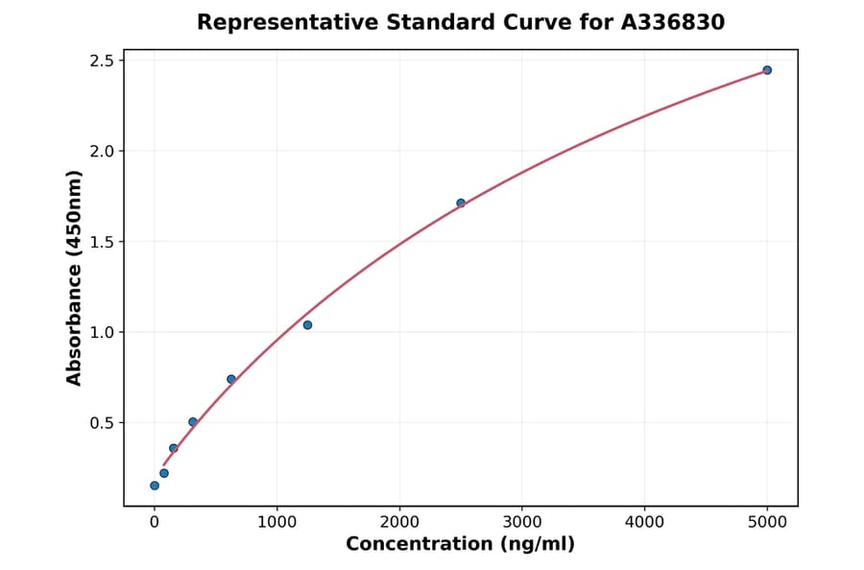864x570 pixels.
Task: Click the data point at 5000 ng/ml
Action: (767, 70)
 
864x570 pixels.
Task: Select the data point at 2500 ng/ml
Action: (461, 202)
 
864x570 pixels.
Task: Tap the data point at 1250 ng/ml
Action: (307, 324)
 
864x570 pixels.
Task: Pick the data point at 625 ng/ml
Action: (231, 379)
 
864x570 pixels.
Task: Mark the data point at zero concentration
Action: (155, 486)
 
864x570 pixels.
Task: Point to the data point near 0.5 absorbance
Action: (193, 422)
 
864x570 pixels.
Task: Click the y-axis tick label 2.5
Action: (100, 60)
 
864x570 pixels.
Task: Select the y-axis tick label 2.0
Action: (100, 152)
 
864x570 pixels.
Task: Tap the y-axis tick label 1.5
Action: (100, 242)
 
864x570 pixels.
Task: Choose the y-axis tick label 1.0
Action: (100, 332)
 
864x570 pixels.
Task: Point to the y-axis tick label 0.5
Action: (100, 423)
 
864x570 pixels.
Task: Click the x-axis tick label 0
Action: (155, 522)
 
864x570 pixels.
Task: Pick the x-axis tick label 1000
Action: (276, 522)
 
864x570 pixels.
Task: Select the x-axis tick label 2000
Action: (399, 522)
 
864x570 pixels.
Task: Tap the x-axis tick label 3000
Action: (521, 522)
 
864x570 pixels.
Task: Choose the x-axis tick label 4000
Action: (644, 522)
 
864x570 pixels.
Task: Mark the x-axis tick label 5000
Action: (767, 522)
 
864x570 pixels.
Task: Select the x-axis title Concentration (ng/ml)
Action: (460, 545)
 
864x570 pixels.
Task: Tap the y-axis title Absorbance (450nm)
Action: (75, 277)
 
